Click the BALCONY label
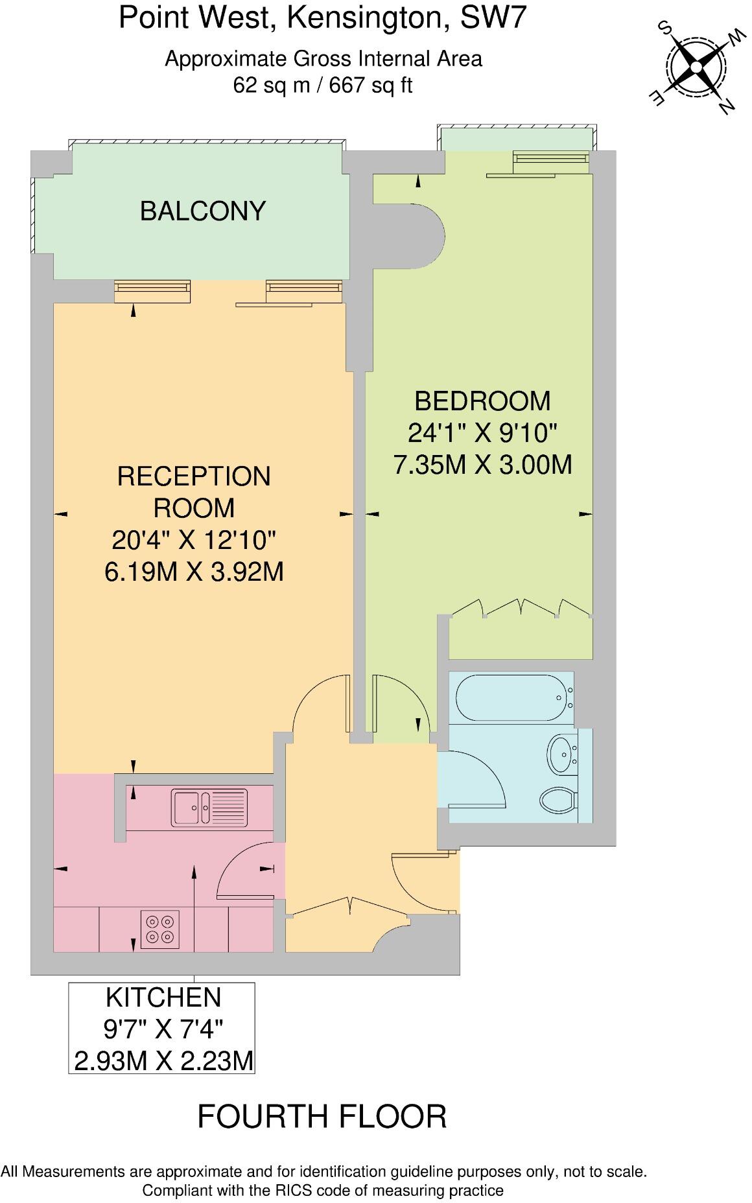203,211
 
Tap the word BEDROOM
482,401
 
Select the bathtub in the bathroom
510,698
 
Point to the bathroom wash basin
562,754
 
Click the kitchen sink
209,807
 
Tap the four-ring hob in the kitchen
160,928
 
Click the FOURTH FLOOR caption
322,1117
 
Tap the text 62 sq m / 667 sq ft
322,86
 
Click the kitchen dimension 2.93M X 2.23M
163,1061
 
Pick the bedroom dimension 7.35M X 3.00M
482,465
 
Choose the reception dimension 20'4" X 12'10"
194,539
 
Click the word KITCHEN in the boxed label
163,997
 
